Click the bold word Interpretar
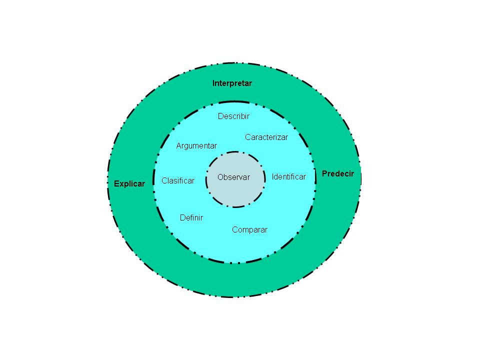point(232,83)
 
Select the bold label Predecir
point(338,174)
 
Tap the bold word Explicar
point(129,183)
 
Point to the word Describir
point(233,116)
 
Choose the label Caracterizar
point(266,137)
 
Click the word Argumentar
point(196,146)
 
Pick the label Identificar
point(288,176)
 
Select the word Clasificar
point(178,180)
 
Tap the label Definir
point(191,218)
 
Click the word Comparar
point(249,230)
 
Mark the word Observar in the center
point(233,177)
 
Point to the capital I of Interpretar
point(213,83)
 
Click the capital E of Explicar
point(116,183)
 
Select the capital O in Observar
point(220,177)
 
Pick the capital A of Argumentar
point(178,146)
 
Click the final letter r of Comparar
point(266,230)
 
